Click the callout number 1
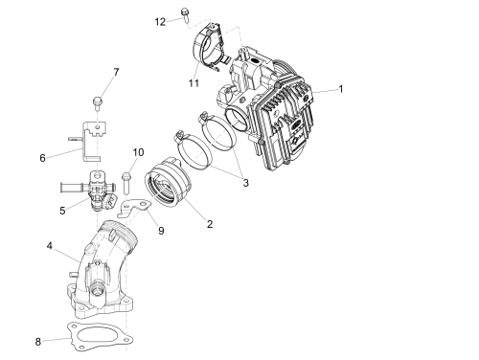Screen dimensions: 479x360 [x=341, y=89]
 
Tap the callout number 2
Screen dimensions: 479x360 [x=210, y=224]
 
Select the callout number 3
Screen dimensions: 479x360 [x=245, y=183]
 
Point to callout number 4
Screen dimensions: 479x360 [x=49, y=246]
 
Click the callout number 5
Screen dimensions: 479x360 [x=62, y=211]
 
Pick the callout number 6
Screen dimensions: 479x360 [x=42, y=158]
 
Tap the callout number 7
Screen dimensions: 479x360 [x=116, y=72]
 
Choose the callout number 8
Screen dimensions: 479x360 [x=38, y=342]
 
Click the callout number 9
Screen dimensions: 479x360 [x=161, y=231]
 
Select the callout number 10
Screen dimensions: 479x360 [x=138, y=152]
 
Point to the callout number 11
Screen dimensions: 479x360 [x=194, y=83]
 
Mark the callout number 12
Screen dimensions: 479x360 [x=160, y=22]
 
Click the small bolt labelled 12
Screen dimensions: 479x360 [x=185, y=15]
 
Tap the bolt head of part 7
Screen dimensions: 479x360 [x=97, y=101]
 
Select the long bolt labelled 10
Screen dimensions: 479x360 [x=126, y=184]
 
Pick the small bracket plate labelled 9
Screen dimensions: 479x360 [x=134, y=207]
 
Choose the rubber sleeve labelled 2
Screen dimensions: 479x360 [x=167, y=182]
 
